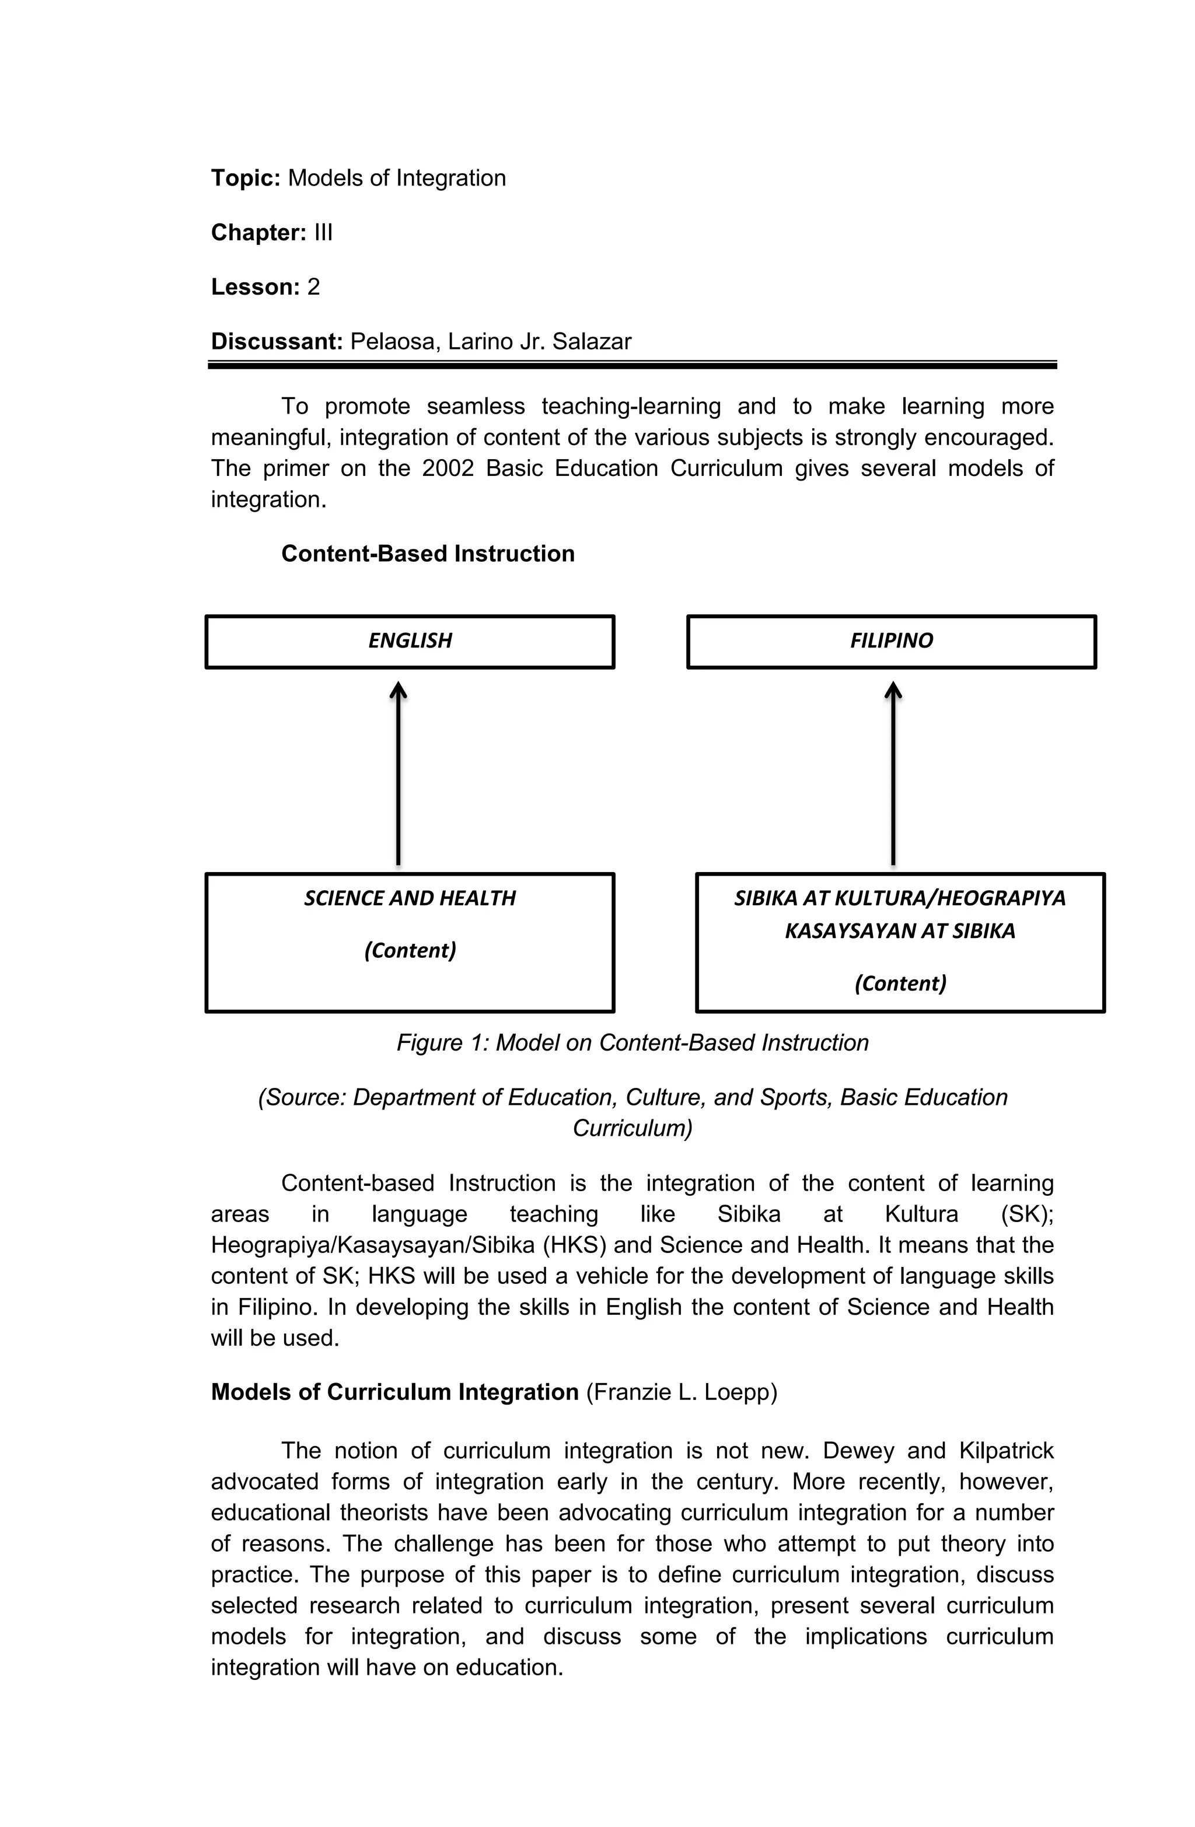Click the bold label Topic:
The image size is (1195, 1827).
point(246,178)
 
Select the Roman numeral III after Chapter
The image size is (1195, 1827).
point(323,233)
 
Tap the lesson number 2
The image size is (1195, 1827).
point(313,287)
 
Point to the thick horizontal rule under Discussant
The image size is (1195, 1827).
point(631,366)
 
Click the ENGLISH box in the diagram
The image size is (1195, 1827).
point(410,641)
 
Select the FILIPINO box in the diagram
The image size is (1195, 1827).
point(891,641)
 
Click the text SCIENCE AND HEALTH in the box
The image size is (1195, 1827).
point(410,898)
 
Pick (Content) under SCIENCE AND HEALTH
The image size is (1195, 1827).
point(410,950)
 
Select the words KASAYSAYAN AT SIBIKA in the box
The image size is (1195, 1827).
point(899,931)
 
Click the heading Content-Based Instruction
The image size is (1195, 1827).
point(428,554)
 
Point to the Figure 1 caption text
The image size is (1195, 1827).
point(632,1042)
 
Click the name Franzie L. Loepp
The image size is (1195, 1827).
point(681,1392)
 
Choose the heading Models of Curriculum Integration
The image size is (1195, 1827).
point(394,1392)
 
